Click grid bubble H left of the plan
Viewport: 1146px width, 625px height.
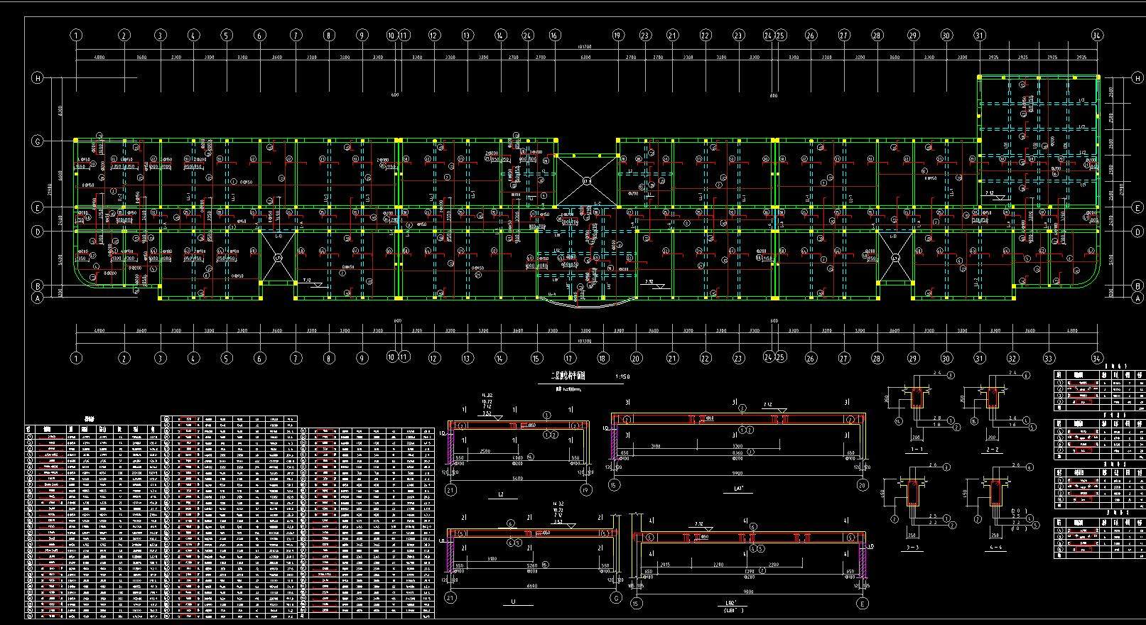pyautogui.click(x=38, y=78)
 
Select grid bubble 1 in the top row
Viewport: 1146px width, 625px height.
pyautogui.click(x=76, y=35)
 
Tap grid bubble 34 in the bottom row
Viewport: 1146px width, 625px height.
pyautogui.click(x=1097, y=358)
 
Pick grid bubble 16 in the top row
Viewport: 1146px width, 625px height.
pyautogui.click(x=554, y=35)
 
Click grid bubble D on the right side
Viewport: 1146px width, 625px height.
pyautogui.click(x=1137, y=232)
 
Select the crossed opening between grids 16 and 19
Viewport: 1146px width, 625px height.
pyautogui.click(x=586, y=181)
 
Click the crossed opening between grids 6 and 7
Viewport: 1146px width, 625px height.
pyautogui.click(x=278, y=258)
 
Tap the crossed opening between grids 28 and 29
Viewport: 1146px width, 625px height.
pyautogui.click(x=895, y=258)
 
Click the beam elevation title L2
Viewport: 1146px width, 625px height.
pyautogui.click(x=500, y=494)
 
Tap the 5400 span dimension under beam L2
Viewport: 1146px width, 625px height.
pyautogui.click(x=517, y=479)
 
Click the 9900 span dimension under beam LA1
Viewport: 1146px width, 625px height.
pyautogui.click(x=737, y=473)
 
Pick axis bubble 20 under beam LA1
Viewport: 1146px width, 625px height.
pyautogui.click(x=863, y=485)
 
